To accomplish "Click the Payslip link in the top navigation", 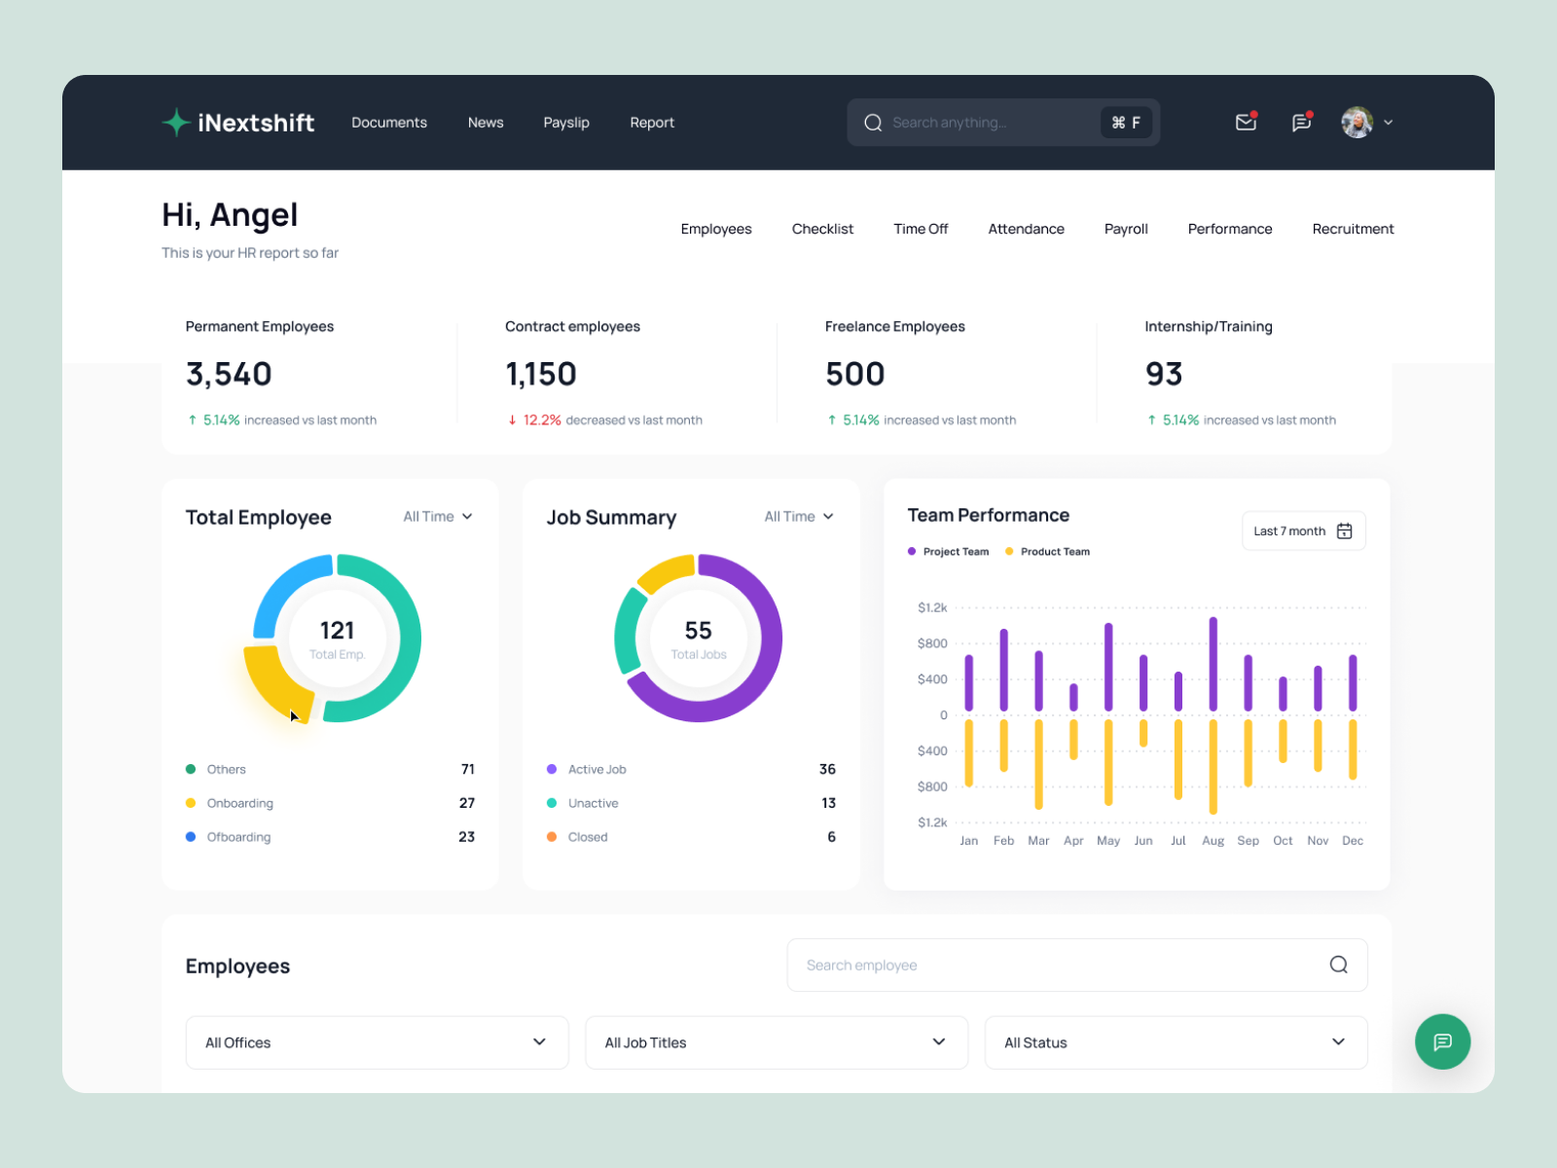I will pos(566,123).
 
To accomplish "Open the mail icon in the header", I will pos(1246,122).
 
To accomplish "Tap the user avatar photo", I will pos(1357,122).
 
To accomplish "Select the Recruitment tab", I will pos(1353,229).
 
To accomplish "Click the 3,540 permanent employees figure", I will pos(229,374).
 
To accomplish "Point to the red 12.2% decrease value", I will pos(542,420).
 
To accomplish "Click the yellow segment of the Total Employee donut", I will pos(270,682).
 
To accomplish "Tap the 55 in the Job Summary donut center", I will pos(698,631).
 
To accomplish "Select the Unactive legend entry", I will pos(593,803).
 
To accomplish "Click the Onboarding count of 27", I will pos(467,803).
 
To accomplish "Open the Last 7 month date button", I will pos(1303,531).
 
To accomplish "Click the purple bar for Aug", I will pos(1213,664).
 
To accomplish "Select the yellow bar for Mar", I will pos(1038,764).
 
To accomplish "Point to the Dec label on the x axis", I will pos(1352,841).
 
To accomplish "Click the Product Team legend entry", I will pos(1054,552).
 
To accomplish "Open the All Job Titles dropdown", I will pos(776,1042).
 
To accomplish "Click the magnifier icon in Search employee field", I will pos(1338,965).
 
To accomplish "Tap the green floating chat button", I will pos(1442,1041).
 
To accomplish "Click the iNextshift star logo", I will pos(176,123).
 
